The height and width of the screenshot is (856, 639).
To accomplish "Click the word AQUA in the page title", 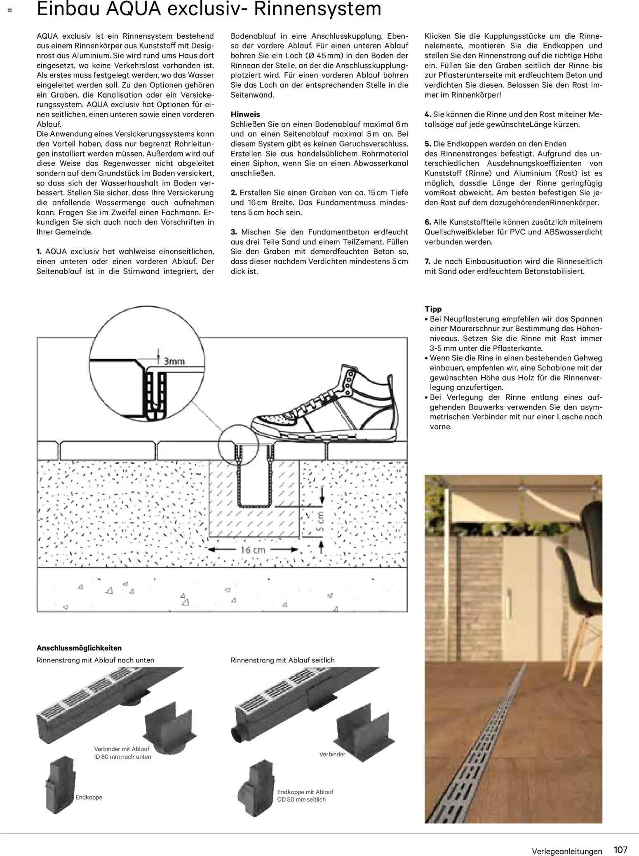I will point(133,9).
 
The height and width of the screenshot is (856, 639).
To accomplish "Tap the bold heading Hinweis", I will point(245,115).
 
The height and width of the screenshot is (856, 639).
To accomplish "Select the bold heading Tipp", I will point(433,309).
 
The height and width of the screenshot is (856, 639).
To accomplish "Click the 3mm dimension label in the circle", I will point(174,361).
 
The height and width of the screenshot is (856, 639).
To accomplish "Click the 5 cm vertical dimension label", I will point(321,521).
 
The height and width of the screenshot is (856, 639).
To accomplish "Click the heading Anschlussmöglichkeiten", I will point(79,648).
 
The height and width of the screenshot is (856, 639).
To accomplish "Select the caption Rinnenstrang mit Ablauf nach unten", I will point(95,660).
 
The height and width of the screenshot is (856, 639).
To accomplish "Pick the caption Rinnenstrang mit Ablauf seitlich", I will point(282,660).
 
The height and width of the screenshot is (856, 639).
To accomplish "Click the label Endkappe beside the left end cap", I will point(89,797).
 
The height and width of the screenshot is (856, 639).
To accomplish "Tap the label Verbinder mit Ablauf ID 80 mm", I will point(122,753).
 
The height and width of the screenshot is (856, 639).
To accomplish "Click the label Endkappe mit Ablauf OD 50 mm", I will point(305,795).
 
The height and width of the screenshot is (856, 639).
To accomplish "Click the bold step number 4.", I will point(428,115).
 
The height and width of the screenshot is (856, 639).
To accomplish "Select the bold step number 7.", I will point(427,262).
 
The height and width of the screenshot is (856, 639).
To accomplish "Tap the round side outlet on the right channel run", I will point(237,734).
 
